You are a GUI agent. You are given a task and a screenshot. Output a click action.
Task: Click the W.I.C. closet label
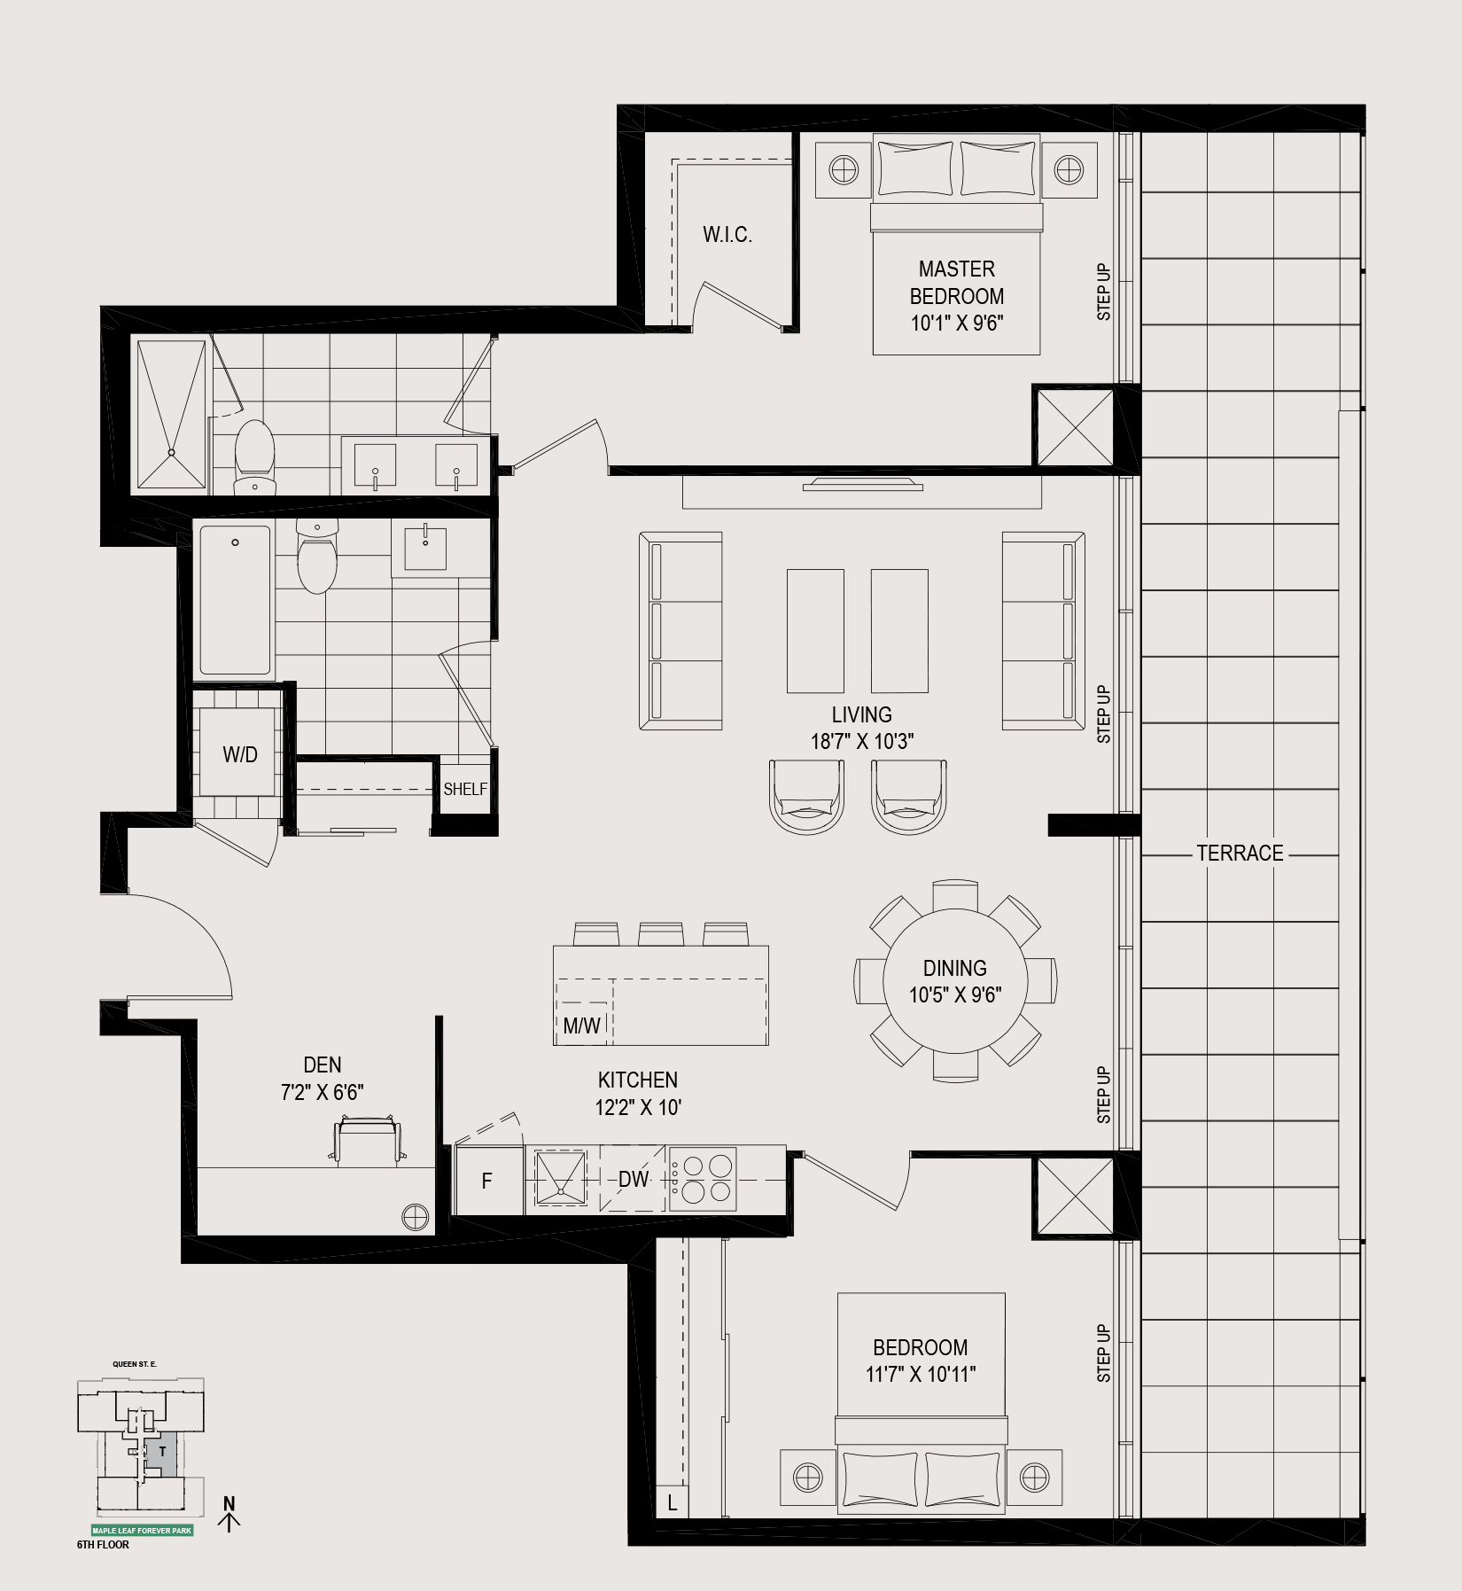tap(727, 235)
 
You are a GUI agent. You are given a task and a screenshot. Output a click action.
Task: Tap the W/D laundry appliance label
tap(240, 754)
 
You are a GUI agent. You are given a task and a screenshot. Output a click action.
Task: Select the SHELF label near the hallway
tap(465, 789)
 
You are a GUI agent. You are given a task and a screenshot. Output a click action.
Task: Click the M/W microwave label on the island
tap(582, 1026)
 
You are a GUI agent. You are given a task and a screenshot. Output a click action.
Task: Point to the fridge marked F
tap(487, 1180)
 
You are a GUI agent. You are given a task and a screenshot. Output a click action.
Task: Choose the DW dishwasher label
tap(634, 1180)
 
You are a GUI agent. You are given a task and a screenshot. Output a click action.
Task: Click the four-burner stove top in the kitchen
tap(703, 1179)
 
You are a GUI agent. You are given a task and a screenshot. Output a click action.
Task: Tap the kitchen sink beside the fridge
tap(560, 1179)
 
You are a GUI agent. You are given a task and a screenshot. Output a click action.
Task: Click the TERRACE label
tap(1240, 853)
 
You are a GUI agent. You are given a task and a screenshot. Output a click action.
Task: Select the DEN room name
tap(323, 1065)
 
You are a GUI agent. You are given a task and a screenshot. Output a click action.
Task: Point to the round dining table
tap(954, 980)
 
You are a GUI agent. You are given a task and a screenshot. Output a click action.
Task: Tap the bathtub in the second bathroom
tap(235, 600)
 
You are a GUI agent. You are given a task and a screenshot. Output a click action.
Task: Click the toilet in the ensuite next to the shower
tap(255, 456)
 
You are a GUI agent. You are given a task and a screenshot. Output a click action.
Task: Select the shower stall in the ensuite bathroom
tap(172, 414)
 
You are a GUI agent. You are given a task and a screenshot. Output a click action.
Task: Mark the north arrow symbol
tap(230, 1514)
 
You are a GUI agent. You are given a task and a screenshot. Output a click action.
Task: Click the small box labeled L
tap(673, 1503)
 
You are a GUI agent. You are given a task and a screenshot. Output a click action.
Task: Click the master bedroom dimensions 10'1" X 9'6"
tap(956, 324)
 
